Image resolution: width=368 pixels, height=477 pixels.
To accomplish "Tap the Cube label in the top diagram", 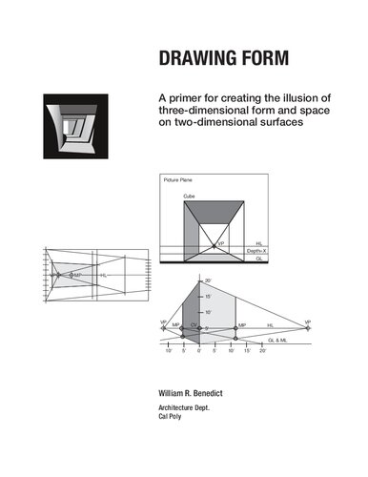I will click(x=190, y=196).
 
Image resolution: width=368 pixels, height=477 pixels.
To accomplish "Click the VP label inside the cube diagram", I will click(x=220, y=244).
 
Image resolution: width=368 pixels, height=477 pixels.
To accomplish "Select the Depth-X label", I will click(x=256, y=251).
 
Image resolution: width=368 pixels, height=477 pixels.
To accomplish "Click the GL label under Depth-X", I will click(x=260, y=259).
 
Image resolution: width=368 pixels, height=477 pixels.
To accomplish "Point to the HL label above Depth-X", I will click(x=260, y=243).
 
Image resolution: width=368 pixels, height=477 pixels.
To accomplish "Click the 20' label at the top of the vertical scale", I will click(x=208, y=281).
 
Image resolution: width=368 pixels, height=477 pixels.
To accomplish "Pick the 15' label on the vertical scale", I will click(x=208, y=297).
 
